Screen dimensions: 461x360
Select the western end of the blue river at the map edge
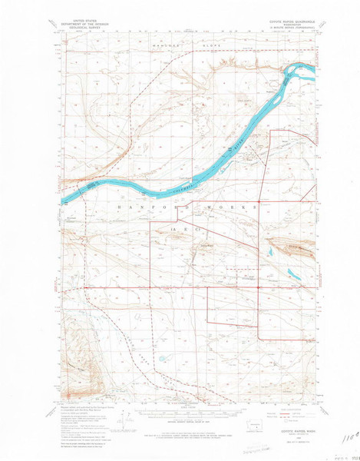point(63,194)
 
